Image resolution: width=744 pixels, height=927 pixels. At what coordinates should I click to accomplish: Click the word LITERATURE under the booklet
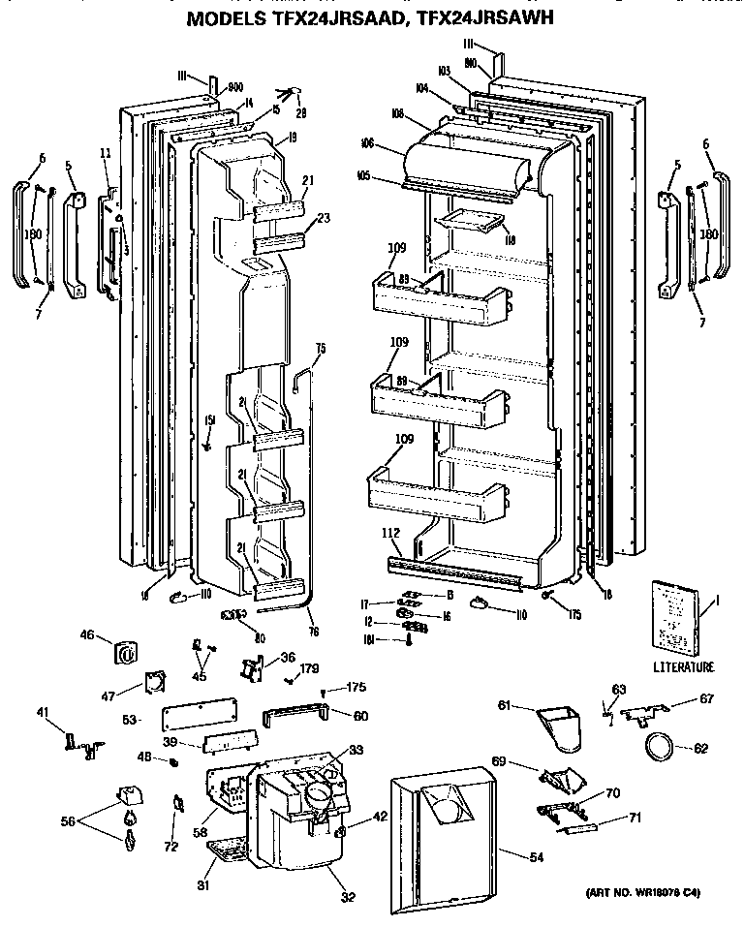tap(682, 666)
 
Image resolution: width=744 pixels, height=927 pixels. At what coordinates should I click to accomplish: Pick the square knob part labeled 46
tap(125, 651)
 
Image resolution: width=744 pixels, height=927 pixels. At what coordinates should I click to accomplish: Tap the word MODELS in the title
tap(227, 16)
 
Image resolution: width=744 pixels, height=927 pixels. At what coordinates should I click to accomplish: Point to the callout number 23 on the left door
tap(324, 218)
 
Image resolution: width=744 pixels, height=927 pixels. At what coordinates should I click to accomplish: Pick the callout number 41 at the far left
tap(43, 713)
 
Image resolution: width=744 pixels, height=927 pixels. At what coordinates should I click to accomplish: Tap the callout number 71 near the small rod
tap(635, 819)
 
